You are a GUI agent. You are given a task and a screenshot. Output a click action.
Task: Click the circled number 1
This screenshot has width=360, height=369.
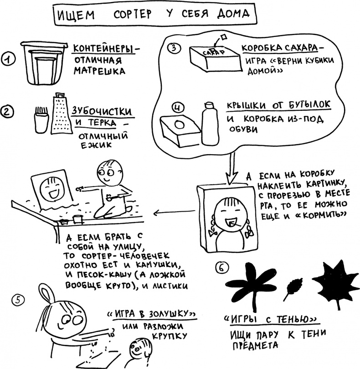[x=8, y=59]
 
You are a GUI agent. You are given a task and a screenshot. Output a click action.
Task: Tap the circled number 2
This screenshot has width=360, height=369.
[x=7, y=111]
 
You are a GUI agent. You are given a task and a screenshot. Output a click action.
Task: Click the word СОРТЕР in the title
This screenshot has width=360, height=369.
[x=133, y=14]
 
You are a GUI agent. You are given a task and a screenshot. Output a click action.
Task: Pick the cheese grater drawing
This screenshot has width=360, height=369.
[x=61, y=113]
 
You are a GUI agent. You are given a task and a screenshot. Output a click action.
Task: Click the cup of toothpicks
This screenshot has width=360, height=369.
[x=41, y=120]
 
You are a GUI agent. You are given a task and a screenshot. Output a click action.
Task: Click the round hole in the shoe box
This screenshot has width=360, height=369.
[x=180, y=125]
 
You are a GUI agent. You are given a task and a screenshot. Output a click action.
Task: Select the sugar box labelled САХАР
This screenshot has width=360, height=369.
[x=216, y=58]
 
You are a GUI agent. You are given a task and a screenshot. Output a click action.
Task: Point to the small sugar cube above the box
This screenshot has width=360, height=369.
[x=223, y=36]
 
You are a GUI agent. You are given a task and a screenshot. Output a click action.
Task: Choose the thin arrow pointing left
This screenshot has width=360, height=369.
[x=174, y=212]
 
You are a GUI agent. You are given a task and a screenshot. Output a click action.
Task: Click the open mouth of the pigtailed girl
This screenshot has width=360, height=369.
[x=231, y=223]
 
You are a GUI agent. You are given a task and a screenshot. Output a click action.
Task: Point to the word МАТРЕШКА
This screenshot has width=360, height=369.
[x=99, y=71]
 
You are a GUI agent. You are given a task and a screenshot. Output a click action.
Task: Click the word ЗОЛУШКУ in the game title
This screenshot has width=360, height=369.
[x=168, y=314]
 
